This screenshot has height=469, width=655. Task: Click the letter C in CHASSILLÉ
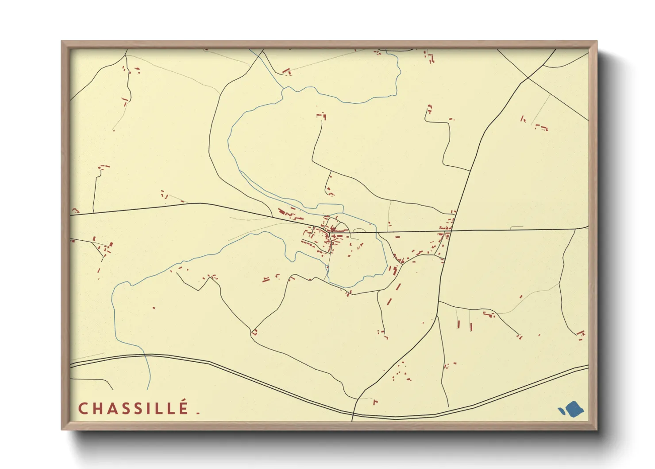tap(83, 408)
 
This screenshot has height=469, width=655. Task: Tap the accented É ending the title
tap(184, 407)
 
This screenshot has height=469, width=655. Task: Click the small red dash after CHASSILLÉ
tap(198, 413)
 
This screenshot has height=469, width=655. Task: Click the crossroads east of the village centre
tap(451, 231)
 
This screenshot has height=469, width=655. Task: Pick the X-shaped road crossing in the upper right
tap(527, 79)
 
